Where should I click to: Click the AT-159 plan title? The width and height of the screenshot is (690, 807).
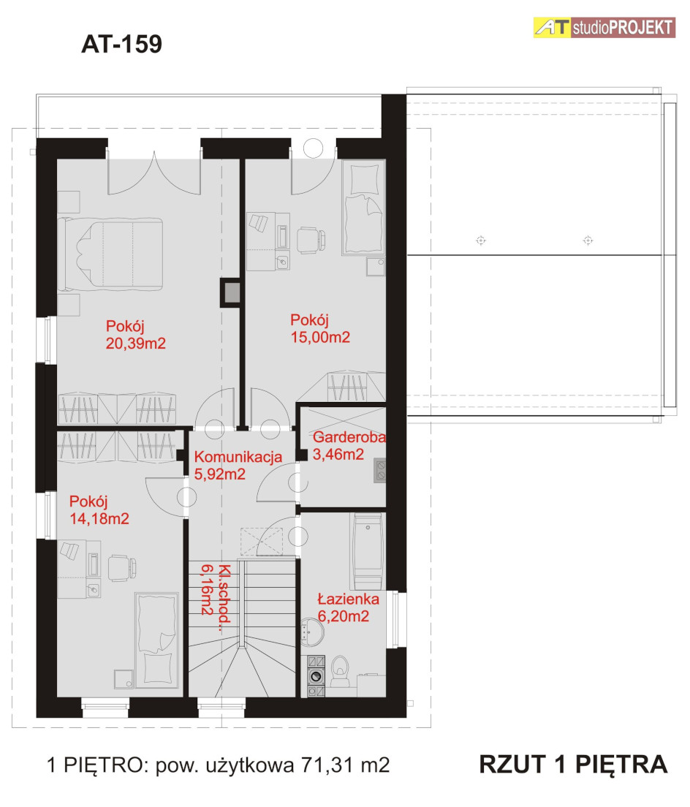point(121,45)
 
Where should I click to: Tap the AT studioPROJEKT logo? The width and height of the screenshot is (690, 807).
point(604,27)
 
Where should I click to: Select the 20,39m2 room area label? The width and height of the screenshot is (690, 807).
point(136,344)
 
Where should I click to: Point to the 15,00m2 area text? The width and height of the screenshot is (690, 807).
point(320,337)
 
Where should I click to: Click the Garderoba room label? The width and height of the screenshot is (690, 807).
point(349,437)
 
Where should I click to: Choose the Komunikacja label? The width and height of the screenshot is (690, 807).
point(238,457)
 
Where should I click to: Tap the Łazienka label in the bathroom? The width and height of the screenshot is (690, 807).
point(349,599)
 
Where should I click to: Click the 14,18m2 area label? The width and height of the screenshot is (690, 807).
point(99,518)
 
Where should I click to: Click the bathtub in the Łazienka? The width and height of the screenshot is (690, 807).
point(368,551)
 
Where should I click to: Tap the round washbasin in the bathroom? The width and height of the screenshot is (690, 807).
point(312,632)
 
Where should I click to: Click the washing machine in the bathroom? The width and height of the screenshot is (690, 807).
point(316,676)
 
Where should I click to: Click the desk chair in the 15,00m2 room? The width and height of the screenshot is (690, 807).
point(311,240)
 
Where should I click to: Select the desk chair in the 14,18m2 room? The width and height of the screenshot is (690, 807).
point(122,568)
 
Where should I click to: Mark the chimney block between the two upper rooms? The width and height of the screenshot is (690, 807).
point(231,292)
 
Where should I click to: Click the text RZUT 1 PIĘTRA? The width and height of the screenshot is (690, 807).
point(573,765)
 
